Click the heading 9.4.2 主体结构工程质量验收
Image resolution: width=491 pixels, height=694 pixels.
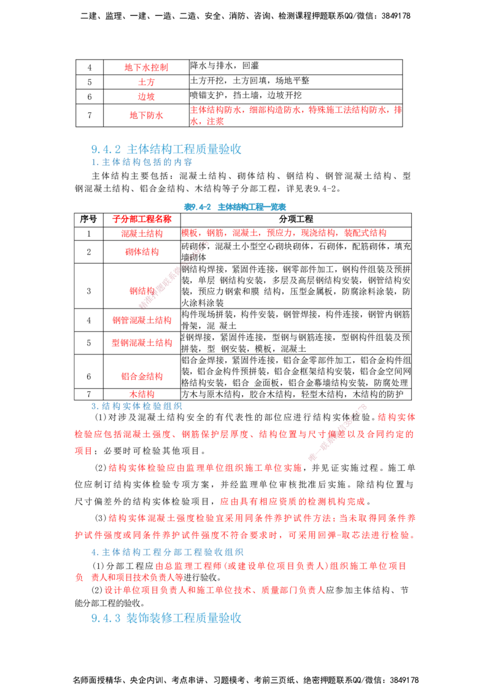166,149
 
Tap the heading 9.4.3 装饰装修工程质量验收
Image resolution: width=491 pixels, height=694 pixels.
166,618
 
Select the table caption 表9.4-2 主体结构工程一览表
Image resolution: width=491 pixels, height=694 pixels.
235,207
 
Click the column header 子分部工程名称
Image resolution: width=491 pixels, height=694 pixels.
142,219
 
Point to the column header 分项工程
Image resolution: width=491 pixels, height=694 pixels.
296,219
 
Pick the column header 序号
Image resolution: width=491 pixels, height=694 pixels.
88,219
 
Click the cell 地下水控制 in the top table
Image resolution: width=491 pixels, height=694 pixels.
146,67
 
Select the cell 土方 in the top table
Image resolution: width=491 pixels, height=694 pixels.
146,82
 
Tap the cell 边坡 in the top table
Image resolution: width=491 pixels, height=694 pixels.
146,96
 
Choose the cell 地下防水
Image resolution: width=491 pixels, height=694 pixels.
146,115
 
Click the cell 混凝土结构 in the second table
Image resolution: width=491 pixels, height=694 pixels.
142,234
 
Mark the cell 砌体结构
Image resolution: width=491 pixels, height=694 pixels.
142,252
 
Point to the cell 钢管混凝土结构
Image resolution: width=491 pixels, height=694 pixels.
142,320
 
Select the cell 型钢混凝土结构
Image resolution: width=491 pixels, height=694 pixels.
142,343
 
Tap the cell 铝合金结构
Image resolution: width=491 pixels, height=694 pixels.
142,376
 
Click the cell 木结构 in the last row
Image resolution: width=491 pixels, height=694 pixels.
142,394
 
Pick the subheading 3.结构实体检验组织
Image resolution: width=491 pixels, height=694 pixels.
136,406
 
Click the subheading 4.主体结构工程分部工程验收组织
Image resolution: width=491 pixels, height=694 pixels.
167,552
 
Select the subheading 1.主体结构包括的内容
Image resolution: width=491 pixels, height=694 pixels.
142,162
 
